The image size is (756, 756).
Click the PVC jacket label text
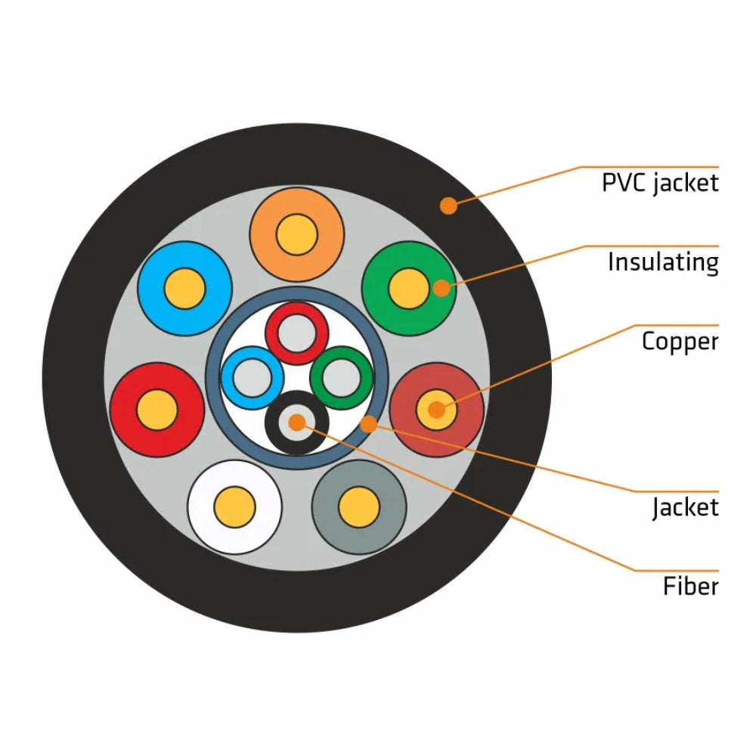659,183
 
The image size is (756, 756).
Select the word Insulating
662,262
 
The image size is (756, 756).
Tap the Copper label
679,341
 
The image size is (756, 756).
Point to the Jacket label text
685,507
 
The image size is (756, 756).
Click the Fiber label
690,586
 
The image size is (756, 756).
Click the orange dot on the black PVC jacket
449,205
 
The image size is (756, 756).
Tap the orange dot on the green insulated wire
442,287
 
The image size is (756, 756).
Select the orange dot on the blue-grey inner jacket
368,424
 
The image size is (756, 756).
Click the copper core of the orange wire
296,234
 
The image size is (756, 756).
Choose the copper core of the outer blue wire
184,288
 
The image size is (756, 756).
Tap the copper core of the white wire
234,507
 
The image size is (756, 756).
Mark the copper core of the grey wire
359,507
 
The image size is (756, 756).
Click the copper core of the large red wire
157,410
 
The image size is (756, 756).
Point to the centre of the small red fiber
296,333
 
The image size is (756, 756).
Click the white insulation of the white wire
204,522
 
